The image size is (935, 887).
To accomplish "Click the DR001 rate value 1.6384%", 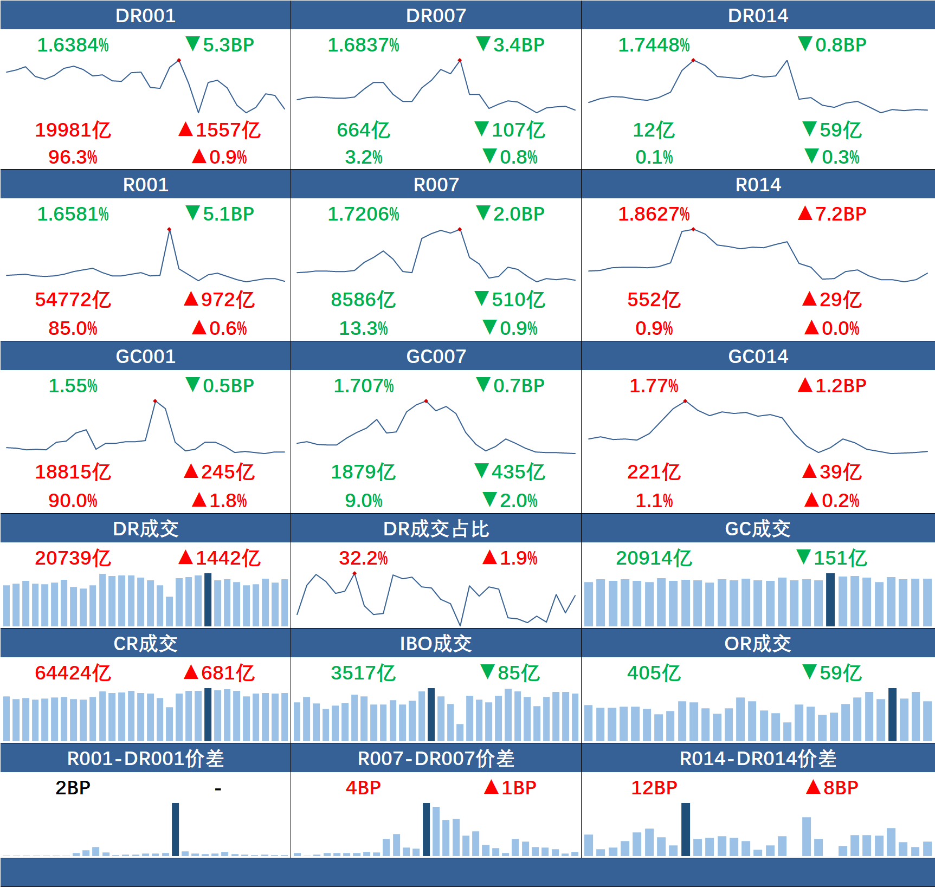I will [73, 45].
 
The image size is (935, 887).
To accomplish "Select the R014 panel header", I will [758, 185].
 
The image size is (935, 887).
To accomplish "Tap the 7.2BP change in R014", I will [833, 214].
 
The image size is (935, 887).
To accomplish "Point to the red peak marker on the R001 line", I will [169, 230].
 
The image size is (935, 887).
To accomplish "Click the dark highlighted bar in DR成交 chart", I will [208, 600].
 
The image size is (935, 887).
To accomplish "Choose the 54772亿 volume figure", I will [73, 300].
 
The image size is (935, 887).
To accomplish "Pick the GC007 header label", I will [436, 357].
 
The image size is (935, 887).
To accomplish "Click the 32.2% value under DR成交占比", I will [363, 558].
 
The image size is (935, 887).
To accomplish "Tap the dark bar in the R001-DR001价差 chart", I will [175, 829].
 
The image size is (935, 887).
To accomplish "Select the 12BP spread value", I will [654, 788].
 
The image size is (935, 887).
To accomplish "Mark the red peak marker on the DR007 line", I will [460, 60].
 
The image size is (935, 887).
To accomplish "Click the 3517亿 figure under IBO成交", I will [363, 673].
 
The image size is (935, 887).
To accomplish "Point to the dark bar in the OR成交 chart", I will [892, 714].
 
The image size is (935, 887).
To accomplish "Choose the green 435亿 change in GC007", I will [510, 472].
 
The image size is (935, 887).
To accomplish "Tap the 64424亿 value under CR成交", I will [73, 673].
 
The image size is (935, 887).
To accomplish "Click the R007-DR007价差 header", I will [436, 759].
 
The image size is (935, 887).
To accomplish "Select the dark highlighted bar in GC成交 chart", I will [830, 600].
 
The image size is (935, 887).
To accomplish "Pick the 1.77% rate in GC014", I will [654, 386].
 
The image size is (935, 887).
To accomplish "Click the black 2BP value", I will [73, 788].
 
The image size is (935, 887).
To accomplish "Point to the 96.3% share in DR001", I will [73, 158].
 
